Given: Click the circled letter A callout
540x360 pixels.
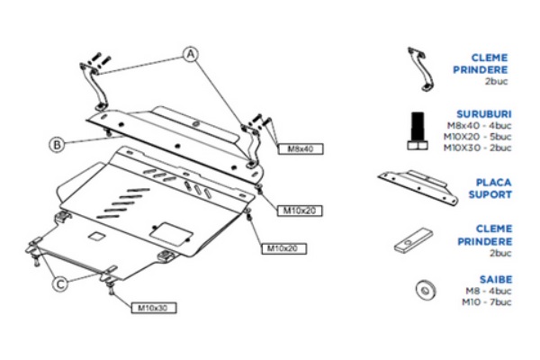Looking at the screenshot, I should [x=191, y=53].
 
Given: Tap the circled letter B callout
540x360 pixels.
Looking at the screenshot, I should [x=57, y=142].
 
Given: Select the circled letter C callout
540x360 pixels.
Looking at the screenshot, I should [x=59, y=283].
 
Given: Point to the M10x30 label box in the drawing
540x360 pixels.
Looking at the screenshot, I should [x=155, y=307].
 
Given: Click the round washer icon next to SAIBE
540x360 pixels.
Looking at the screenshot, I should [x=421, y=290].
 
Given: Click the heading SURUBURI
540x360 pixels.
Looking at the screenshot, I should [x=486, y=115].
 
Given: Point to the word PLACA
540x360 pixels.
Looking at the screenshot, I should [x=493, y=181].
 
